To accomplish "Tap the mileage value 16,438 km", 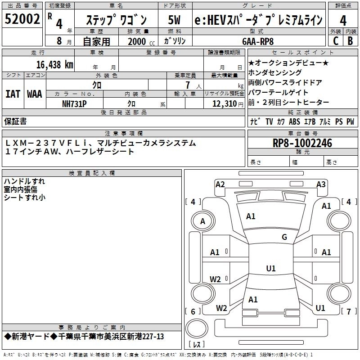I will click(x=55, y=65).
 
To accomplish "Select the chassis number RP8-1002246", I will click(x=302, y=143).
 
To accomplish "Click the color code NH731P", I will click(x=74, y=103).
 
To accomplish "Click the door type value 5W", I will click(x=175, y=20).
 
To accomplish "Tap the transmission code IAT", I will click(x=13, y=94).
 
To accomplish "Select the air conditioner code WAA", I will click(x=35, y=94).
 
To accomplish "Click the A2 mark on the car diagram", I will click(x=220, y=184).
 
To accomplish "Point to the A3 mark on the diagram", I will click(x=321, y=184).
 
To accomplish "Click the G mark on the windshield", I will click(x=284, y=237).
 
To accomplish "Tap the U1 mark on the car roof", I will click(x=271, y=268).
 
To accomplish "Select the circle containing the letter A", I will click(x=202, y=221).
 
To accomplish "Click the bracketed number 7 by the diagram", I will click(x=348, y=311).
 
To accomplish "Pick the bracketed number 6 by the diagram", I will click(x=193, y=311).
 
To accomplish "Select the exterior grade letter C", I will click(x=335, y=40).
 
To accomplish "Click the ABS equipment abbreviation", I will click(x=294, y=121).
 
